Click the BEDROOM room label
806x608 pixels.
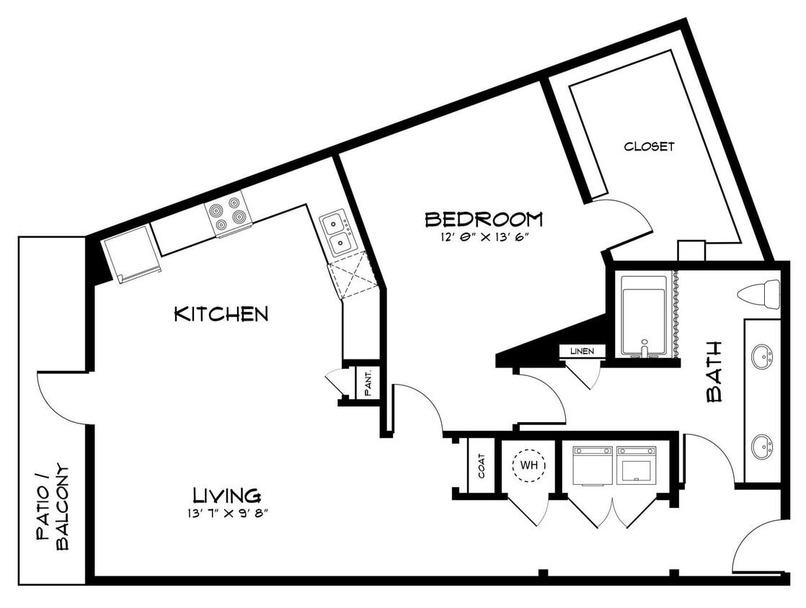coord(483,218)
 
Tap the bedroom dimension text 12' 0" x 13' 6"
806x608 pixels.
coord(483,238)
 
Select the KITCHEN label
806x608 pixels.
coord(221,314)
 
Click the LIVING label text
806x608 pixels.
coord(226,496)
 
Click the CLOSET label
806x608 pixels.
coord(649,146)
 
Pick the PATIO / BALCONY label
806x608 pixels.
coord(54,506)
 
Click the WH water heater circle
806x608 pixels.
coord(530,465)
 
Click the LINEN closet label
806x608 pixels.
coord(582,351)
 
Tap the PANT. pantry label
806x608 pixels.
coord(367,383)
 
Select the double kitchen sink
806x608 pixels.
coord(336,233)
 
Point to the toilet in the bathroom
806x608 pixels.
coord(759,292)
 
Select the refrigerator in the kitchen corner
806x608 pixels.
coord(130,251)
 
